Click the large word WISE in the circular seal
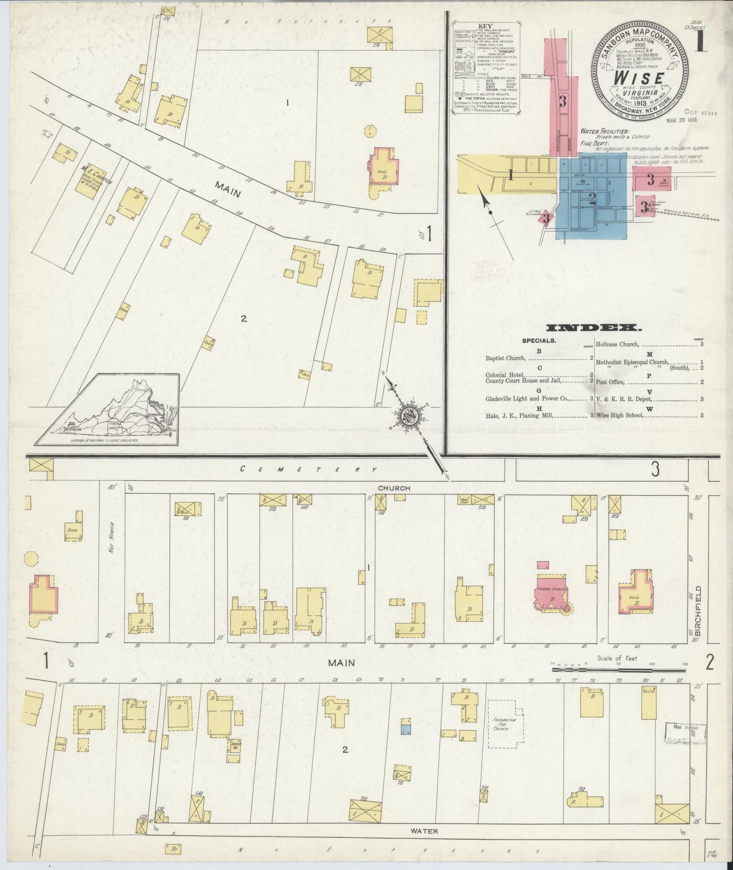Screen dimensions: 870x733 639,78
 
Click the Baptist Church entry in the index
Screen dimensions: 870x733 505,358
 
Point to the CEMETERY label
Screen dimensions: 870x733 308,470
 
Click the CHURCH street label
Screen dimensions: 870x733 393,488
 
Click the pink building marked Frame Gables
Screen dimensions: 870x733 551,592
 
